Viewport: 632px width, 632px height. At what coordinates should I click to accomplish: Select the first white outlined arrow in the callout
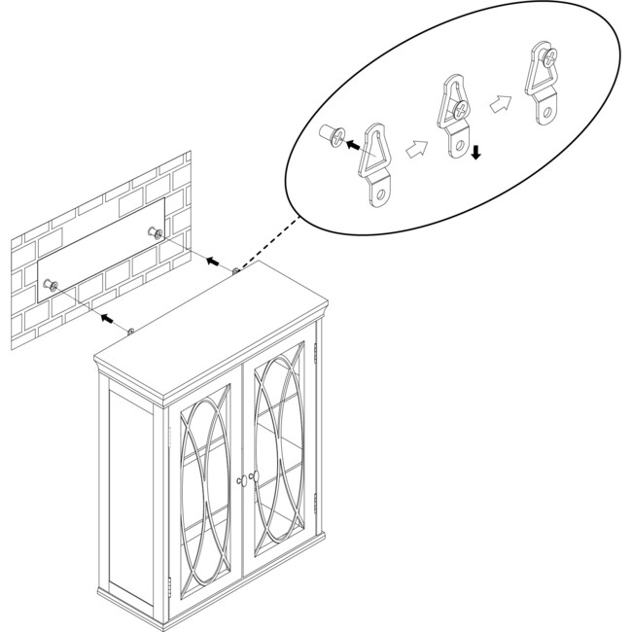pyautogui.click(x=415, y=149)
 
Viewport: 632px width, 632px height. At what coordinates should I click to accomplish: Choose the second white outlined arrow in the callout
pyautogui.click(x=500, y=104)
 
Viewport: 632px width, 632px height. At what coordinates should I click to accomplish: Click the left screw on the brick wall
pyautogui.click(x=51, y=284)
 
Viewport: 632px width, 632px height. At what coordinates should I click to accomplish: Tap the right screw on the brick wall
pyautogui.click(x=154, y=232)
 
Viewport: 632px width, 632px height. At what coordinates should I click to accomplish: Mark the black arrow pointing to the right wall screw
pyautogui.click(x=211, y=260)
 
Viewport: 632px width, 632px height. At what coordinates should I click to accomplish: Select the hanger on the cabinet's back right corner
pyautogui.click(x=236, y=271)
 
